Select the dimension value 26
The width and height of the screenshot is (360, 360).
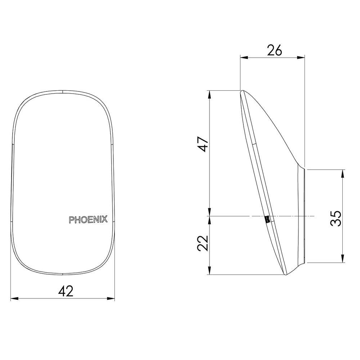pos(274,50)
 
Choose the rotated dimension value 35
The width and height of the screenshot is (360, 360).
pos(336,218)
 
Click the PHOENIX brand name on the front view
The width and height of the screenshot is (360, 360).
pos(88,220)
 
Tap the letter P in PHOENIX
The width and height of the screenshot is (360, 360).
pos(71,220)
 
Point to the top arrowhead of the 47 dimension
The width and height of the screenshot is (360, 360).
pos(210,93)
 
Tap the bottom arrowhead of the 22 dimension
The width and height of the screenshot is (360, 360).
pos(210,273)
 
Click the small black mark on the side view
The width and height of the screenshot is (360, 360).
pos(267,219)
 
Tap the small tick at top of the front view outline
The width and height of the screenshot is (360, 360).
pos(63,91)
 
